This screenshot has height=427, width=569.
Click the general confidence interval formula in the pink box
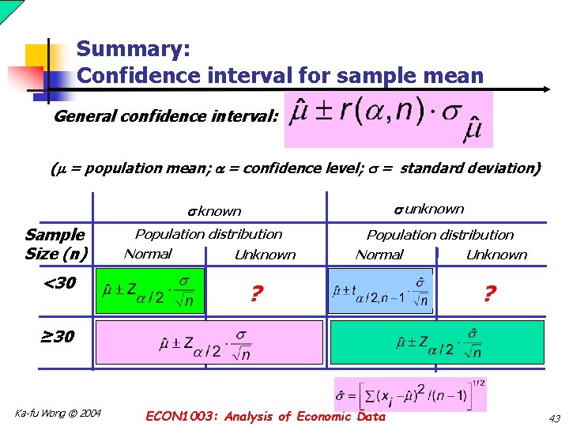[387, 119]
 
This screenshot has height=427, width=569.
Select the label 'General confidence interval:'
[166, 117]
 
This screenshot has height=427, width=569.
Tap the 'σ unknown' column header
[428, 209]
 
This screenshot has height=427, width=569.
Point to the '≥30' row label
[57, 336]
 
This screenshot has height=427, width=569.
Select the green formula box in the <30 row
[150, 291]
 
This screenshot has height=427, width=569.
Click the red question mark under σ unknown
[489, 295]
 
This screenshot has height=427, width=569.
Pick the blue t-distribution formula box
[380, 291]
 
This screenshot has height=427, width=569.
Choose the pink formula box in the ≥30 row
[209, 342]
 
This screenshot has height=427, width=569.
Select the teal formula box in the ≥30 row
[437, 342]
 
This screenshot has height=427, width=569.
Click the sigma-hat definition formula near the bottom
[411, 395]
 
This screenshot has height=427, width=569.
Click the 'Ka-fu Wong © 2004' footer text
[58, 413]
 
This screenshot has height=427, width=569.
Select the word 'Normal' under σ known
[148, 254]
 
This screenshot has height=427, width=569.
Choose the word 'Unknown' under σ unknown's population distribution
[496, 255]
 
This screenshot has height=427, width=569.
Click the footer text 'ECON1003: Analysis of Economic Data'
[266, 417]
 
